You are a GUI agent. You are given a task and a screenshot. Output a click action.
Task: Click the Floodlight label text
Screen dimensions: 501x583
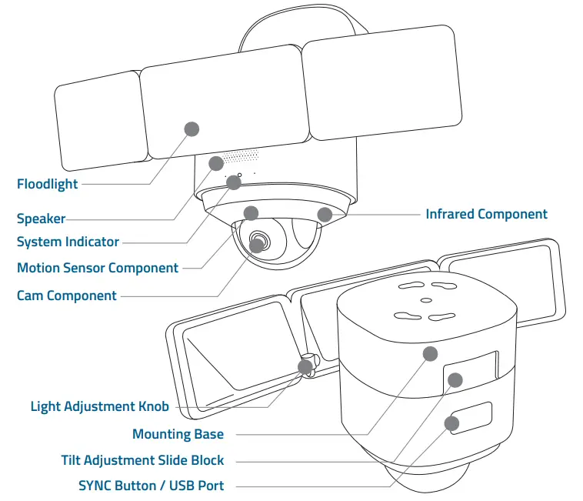tap(47, 184)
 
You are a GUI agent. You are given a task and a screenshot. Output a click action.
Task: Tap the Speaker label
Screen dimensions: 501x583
tap(41, 219)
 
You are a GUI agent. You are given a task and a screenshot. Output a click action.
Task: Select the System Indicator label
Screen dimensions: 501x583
tap(68, 242)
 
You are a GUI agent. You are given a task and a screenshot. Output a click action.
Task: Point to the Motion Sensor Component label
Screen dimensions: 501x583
tap(98, 269)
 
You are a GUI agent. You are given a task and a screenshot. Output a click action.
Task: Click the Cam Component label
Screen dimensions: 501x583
tap(67, 296)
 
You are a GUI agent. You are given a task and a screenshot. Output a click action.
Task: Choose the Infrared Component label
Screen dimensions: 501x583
tap(486, 215)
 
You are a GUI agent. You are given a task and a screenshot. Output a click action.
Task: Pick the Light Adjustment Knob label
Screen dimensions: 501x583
tap(99, 406)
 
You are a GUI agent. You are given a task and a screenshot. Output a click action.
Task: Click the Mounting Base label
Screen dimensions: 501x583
tap(178, 435)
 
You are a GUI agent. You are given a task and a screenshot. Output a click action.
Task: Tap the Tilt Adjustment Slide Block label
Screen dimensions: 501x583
tap(142, 460)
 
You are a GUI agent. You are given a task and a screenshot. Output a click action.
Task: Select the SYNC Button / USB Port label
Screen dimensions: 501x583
tap(151, 486)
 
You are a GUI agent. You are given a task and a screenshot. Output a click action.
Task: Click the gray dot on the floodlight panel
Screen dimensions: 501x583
tap(192, 129)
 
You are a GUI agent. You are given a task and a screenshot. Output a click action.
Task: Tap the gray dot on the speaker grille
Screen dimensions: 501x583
tap(217, 163)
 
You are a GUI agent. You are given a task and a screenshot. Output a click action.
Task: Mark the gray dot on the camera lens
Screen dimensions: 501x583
tap(257, 245)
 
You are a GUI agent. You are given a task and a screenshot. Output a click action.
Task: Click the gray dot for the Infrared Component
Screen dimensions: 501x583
tap(325, 214)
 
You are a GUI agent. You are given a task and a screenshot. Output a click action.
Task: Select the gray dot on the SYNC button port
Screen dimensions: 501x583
tap(451, 423)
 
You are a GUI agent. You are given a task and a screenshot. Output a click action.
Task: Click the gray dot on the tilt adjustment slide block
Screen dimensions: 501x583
tap(455, 379)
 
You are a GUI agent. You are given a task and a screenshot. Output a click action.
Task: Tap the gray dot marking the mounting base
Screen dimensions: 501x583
tap(430, 353)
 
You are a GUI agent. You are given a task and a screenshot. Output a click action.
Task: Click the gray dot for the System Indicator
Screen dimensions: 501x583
tap(234, 182)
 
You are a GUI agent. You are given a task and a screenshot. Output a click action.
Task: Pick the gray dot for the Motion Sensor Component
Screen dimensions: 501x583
tap(251, 213)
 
